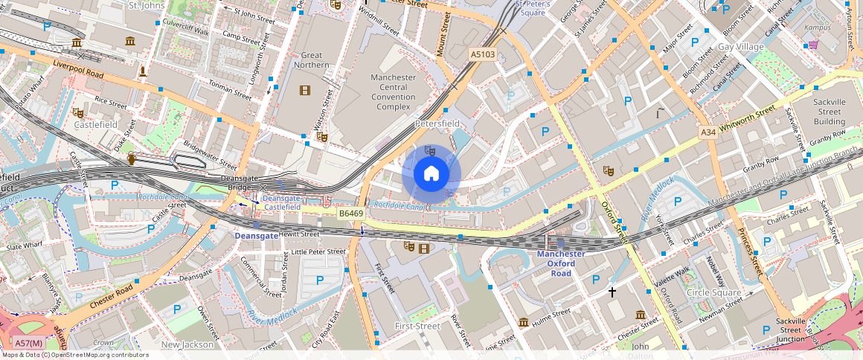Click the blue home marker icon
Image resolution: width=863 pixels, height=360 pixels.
431,174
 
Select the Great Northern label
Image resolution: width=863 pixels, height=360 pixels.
311,60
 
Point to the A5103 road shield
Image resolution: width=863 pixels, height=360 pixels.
482,54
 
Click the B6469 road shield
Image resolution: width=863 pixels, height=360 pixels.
350,213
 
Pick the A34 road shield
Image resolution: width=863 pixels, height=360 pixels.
708,132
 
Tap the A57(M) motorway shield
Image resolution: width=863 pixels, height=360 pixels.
28,343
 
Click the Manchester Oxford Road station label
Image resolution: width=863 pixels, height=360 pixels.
561,263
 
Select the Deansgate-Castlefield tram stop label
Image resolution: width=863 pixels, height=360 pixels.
282,202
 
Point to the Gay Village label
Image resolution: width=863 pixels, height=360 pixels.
740,47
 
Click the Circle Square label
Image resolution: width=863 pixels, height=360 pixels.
713,292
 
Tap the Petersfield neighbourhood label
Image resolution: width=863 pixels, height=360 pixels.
437,123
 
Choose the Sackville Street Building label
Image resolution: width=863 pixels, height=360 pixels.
829,111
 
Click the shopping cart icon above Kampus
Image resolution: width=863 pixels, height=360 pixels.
813,45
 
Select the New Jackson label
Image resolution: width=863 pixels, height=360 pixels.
187,344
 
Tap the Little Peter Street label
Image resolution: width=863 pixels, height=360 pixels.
318,251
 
